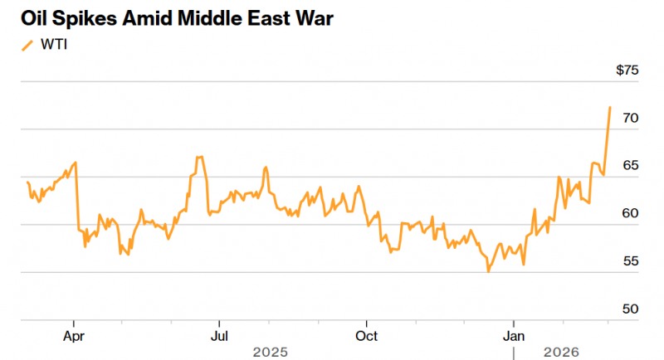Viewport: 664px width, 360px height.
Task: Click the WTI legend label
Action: tap(53, 44)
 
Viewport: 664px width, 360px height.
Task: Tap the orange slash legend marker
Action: tap(28, 44)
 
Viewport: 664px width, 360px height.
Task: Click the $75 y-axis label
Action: tap(627, 71)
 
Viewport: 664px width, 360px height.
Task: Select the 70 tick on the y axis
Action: tap(631, 119)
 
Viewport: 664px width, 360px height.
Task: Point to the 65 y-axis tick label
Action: tap(631, 166)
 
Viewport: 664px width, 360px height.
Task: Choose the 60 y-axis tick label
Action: tap(631, 213)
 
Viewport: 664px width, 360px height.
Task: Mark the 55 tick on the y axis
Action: tap(631, 261)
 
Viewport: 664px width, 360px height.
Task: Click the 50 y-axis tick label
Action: tap(631, 309)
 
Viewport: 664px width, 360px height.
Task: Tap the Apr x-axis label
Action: tap(74, 336)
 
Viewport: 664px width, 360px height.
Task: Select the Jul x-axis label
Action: tap(218, 336)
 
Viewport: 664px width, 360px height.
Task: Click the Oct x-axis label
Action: tap(366, 336)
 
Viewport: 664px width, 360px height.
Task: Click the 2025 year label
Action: tap(271, 353)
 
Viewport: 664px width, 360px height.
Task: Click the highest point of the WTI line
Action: tap(610, 107)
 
